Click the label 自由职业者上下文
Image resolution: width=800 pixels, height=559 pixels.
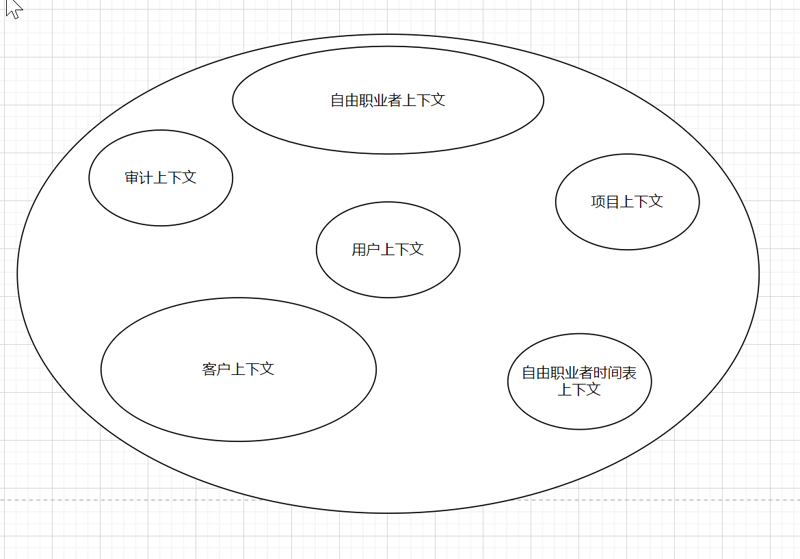click(388, 101)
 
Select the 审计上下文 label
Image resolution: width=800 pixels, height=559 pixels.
click(161, 178)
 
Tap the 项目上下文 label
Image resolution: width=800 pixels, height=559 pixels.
click(627, 202)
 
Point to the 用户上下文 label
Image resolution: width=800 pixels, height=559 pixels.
click(388, 250)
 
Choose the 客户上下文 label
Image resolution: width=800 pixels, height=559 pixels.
click(238, 369)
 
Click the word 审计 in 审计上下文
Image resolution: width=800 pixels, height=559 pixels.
click(139, 178)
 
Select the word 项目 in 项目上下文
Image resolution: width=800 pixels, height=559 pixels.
click(606, 202)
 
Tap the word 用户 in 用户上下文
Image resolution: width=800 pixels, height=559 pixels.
click(366, 250)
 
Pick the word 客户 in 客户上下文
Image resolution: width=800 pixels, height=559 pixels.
click(217, 369)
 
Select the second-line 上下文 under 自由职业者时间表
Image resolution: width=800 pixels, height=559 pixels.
click(579, 390)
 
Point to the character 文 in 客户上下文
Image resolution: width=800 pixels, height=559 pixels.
click(267, 369)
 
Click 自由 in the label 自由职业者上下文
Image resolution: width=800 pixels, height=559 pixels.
click(345, 101)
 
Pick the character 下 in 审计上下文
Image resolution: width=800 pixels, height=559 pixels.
click(175, 178)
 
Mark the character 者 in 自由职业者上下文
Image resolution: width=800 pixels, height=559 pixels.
click(395, 101)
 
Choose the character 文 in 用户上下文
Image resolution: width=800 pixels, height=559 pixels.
click(416, 250)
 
